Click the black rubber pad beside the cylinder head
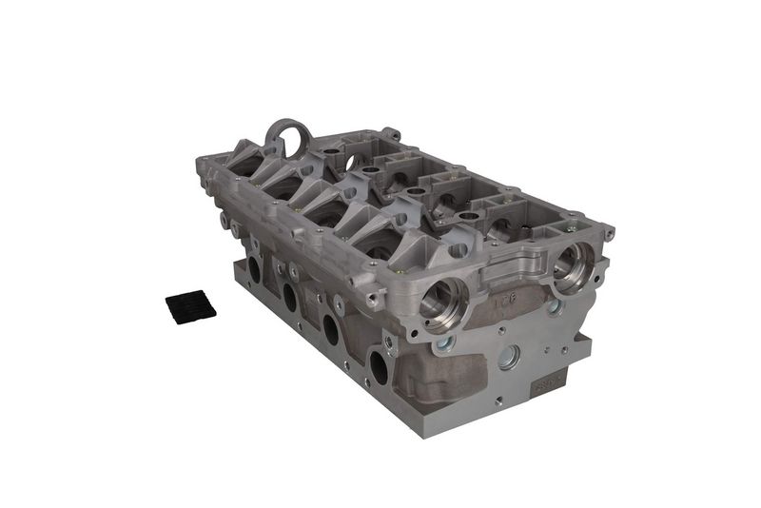tap(190, 304)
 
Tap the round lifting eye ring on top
tap(286, 137)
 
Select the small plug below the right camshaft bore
tap(555, 307)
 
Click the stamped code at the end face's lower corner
tap(550, 384)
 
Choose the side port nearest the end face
tap(380, 365)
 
